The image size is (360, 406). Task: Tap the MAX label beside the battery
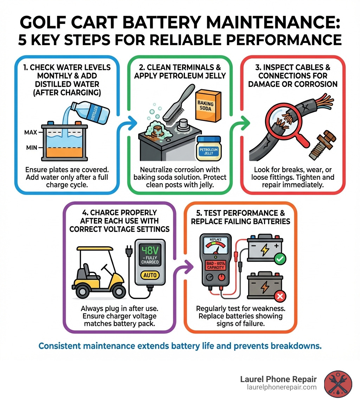click(x=31, y=133)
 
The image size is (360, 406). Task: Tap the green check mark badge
click(x=280, y=259)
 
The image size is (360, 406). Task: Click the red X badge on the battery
click(x=280, y=297)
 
